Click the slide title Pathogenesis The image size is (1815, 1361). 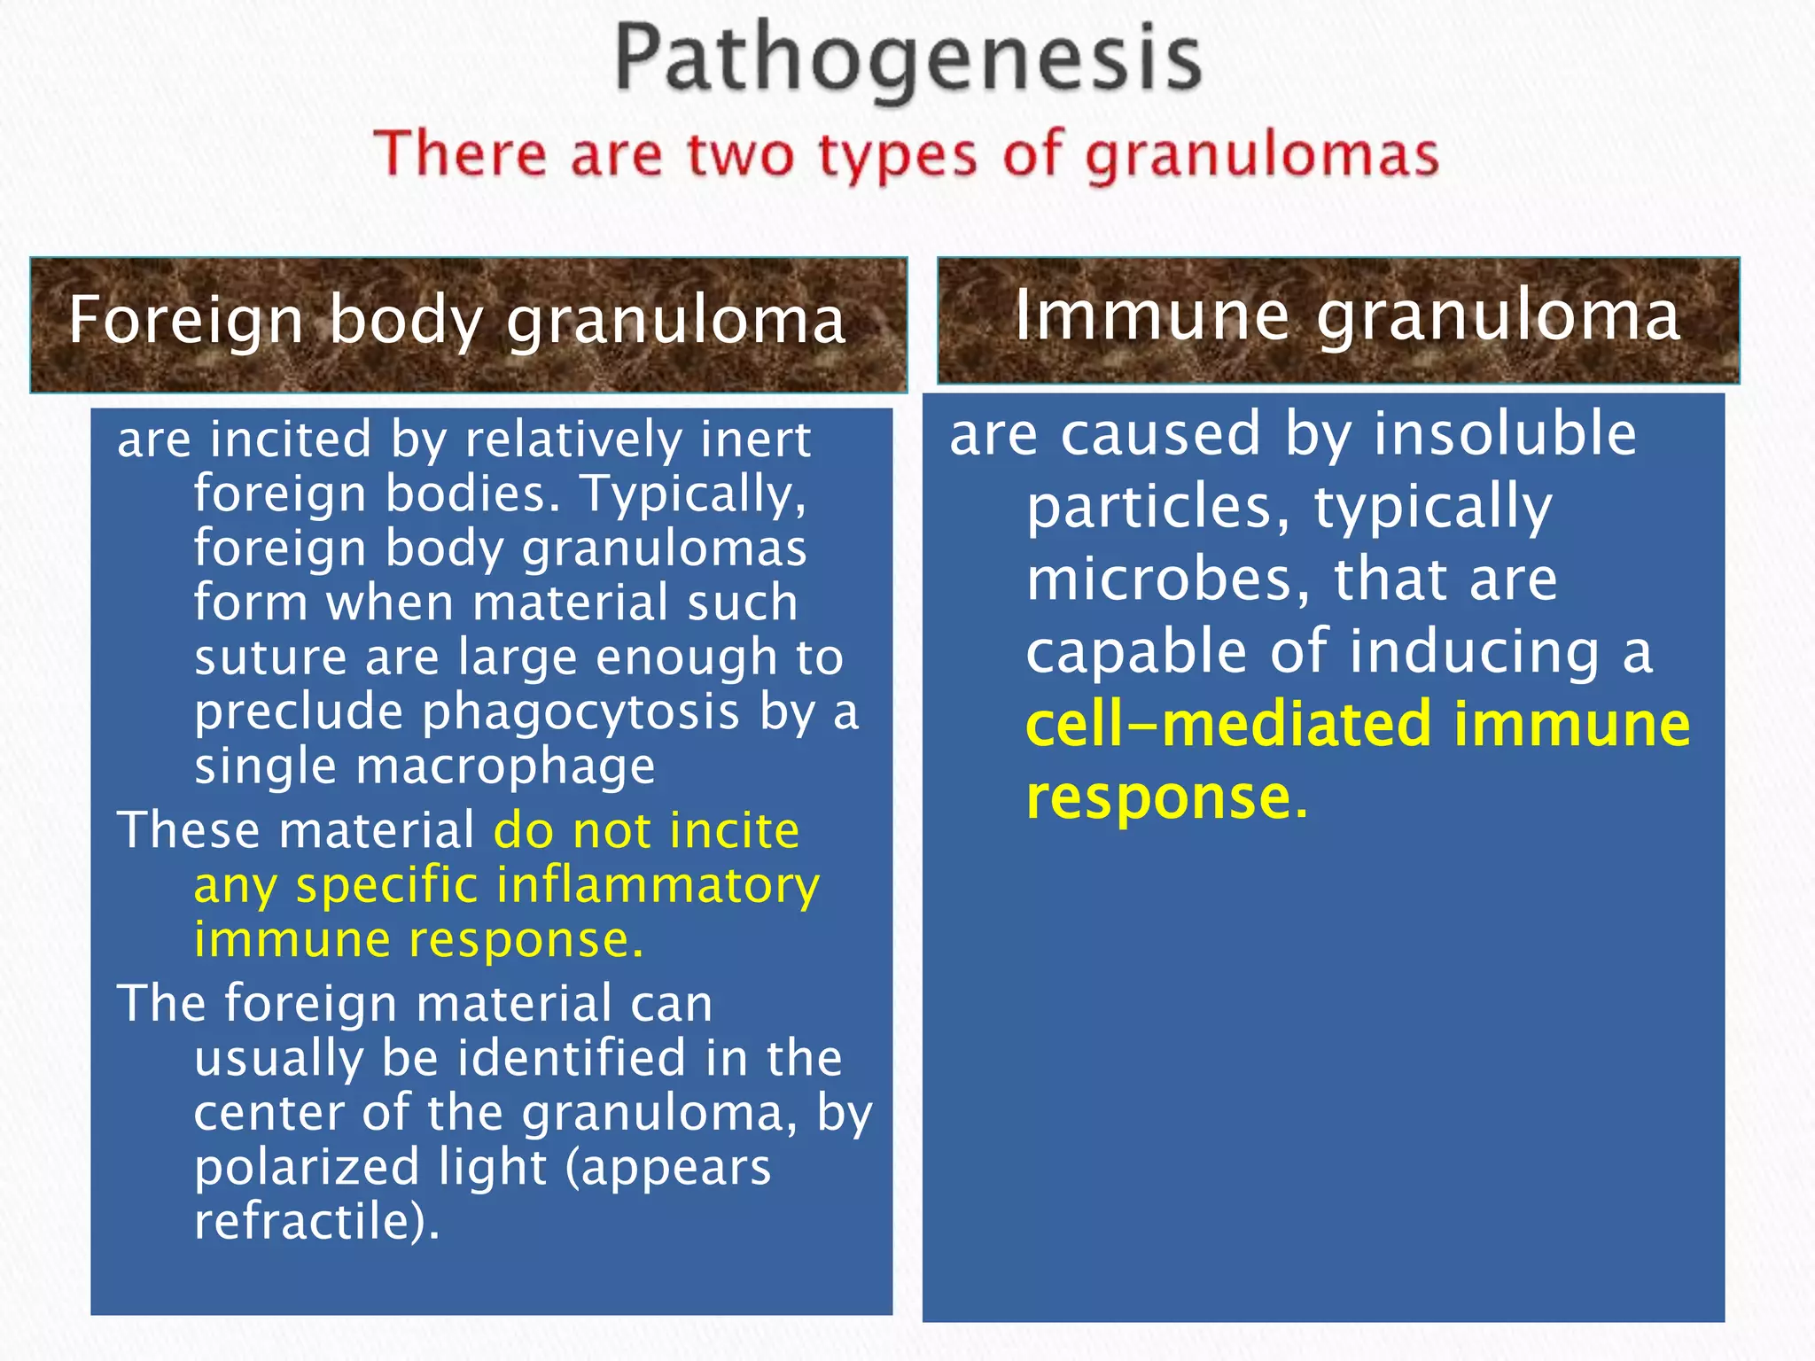(x=907, y=60)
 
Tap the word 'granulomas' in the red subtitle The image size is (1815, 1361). (x=1261, y=157)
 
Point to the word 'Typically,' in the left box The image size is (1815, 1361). (x=693, y=494)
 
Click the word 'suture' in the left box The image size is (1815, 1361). (x=270, y=657)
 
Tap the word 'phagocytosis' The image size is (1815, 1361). (x=580, y=712)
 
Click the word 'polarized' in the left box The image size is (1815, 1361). (x=306, y=1167)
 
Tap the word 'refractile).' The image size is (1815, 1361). (x=316, y=1221)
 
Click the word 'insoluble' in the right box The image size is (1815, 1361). (x=1505, y=434)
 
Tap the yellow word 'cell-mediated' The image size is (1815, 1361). (x=1228, y=725)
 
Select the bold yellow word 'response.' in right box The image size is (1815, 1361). (x=1166, y=797)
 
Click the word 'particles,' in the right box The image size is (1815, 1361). (x=1157, y=507)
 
